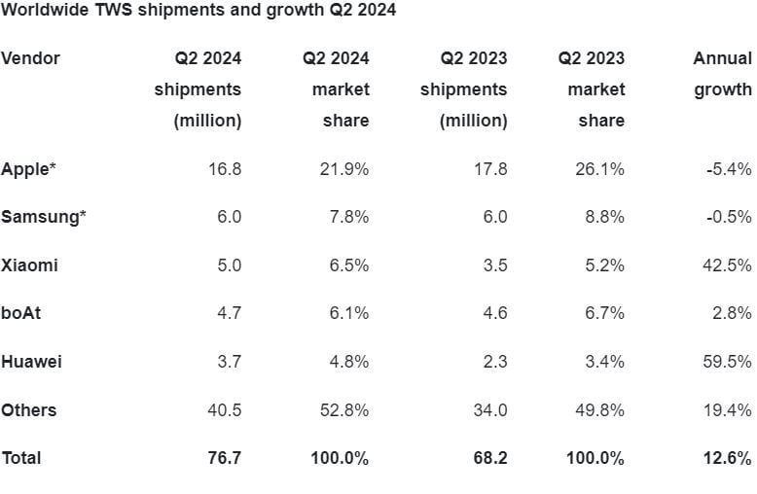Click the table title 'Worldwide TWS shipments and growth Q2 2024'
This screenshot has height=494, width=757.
(x=198, y=11)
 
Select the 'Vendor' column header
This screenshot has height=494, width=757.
(x=30, y=58)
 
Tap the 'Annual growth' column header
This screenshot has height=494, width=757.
(x=722, y=74)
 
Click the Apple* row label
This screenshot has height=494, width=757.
(x=28, y=169)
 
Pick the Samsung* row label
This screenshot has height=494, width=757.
(x=43, y=217)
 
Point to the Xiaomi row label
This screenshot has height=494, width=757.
(x=29, y=265)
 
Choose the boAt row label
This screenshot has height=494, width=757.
(x=20, y=313)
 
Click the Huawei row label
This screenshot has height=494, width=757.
(x=31, y=362)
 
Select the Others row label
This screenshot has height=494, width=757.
(x=28, y=409)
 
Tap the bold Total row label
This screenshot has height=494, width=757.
(x=21, y=457)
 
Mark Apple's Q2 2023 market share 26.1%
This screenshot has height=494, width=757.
(x=599, y=169)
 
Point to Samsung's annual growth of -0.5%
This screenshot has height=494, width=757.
(x=729, y=217)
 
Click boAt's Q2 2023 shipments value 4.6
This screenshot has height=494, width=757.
(x=494, y=313)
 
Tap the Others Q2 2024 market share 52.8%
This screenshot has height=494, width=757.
(x=344, y=409)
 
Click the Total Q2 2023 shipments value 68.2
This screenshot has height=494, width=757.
(x=488, y=457)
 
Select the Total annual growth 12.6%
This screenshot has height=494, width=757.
(x=729, y=457)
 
